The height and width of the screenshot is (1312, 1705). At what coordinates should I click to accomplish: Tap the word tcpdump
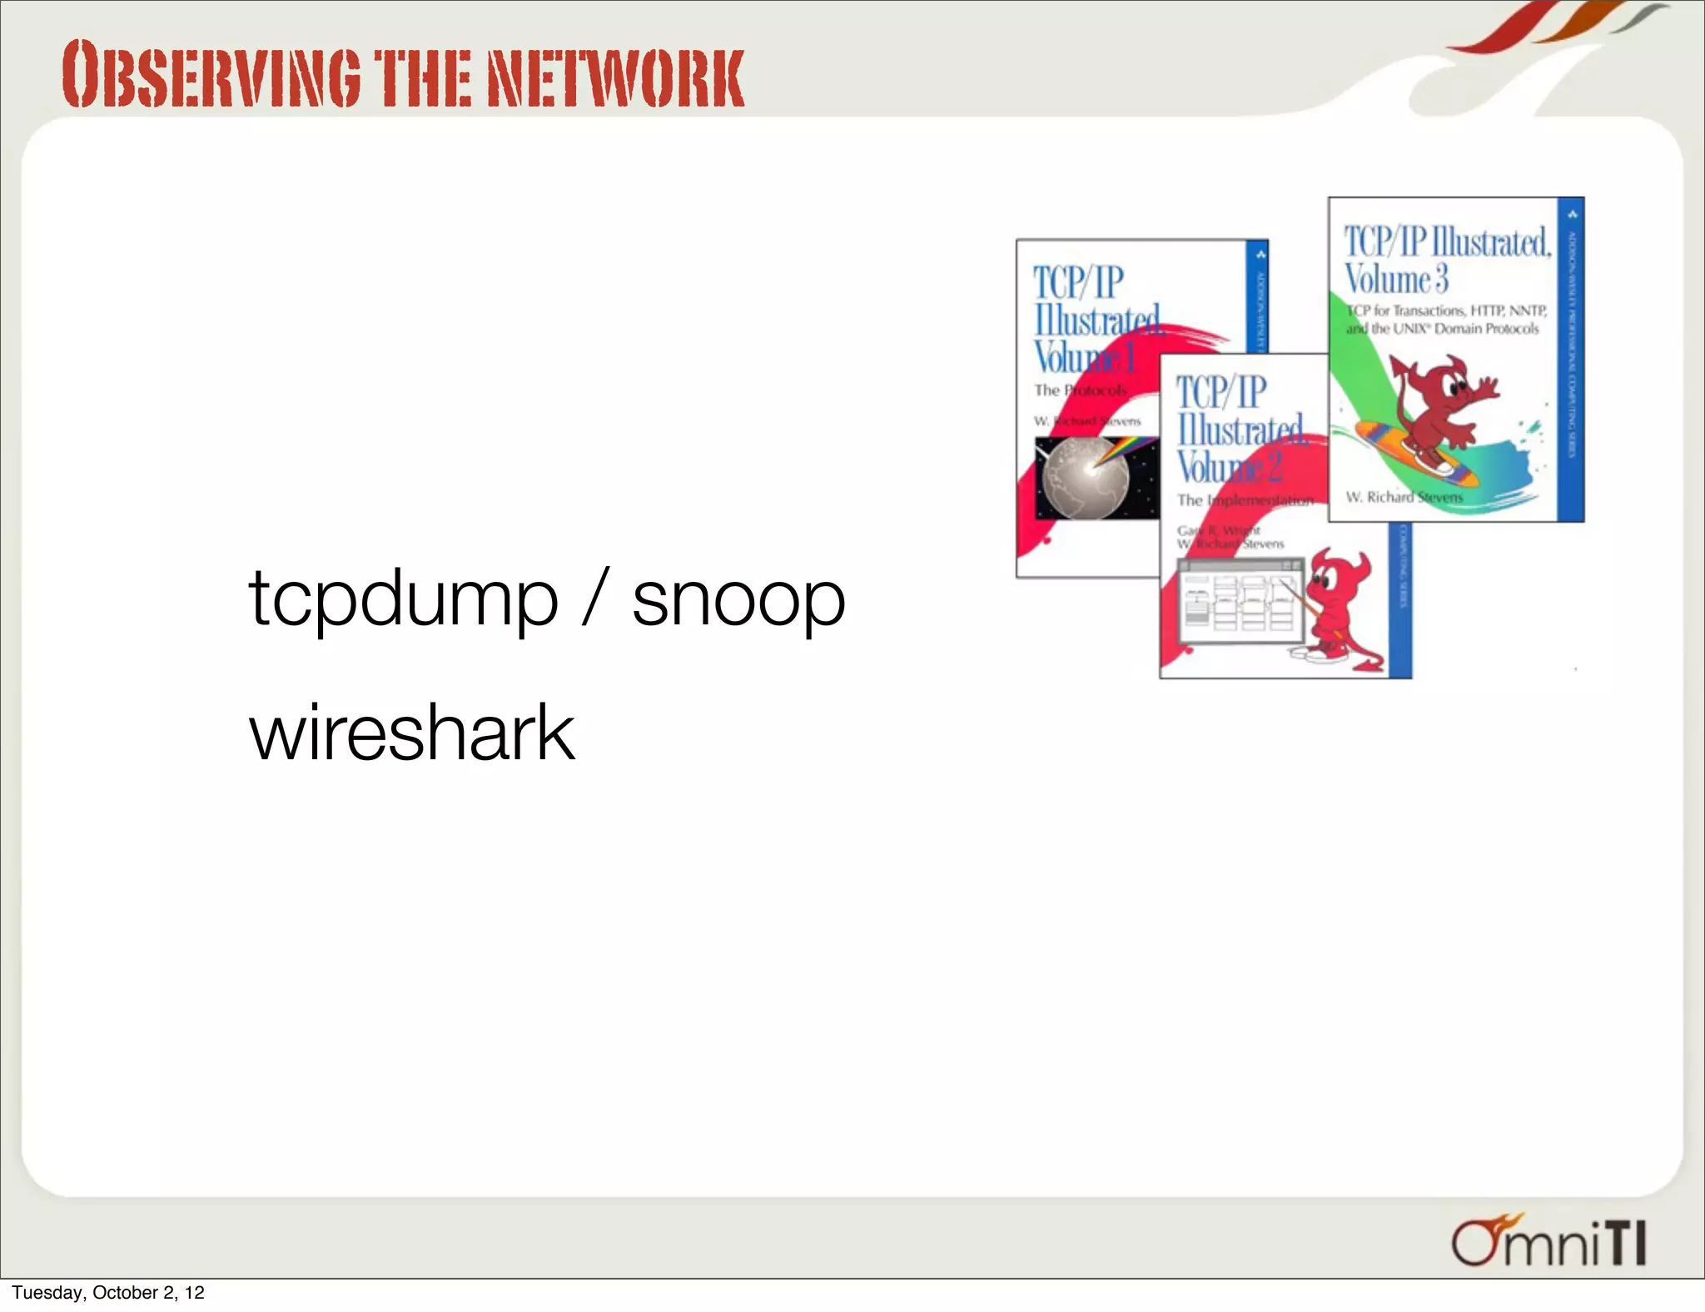pos(403,598)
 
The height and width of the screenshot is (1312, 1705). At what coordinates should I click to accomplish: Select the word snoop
pos(738,598)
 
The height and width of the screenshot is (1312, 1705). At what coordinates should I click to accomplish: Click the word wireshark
pos(412,732)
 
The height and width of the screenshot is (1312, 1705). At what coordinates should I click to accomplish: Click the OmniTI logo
pos(1549,1240)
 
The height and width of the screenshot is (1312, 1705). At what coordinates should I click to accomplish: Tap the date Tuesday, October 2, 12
pos(108,1292)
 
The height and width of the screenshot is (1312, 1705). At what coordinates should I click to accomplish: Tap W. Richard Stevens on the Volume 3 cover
pos(1404,497)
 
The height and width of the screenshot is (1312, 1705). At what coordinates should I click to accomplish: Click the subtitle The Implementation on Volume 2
pos(1245,500)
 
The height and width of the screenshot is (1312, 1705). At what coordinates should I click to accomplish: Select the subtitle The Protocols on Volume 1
pos(1080,390)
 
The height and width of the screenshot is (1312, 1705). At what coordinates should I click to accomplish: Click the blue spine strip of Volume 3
pos(1570,358)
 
